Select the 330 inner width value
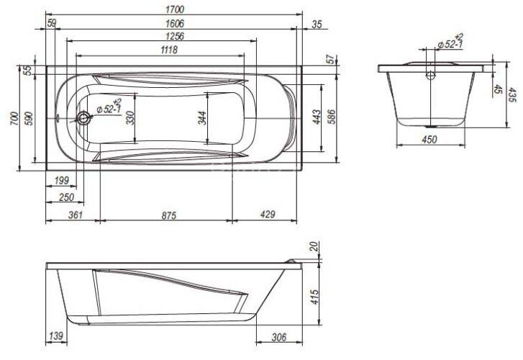(130, 118)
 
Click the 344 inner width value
(202, 118)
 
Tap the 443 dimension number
(317, 118)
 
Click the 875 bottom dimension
(167, 215)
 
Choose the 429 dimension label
(267, 215)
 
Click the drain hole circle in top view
(85, 119)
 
